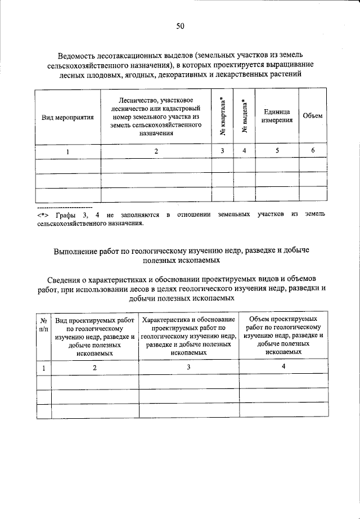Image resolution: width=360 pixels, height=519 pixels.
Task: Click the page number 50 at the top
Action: tap(180, 26)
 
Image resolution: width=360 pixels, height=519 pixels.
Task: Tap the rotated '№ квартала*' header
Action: tap(223, 116)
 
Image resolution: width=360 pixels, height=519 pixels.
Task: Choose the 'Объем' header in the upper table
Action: tap(312, 115)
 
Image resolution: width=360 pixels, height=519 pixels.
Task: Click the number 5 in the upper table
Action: tap(276, 150)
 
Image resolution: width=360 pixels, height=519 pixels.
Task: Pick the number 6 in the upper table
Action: tap(312, 150)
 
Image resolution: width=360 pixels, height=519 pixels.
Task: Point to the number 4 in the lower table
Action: tap(283, 366)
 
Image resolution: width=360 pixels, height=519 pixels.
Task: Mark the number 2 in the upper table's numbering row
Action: tap(156, 151)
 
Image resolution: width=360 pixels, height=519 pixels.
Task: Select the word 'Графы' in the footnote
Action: tap(66, 214)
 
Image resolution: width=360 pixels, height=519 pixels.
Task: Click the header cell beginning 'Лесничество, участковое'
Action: tap(156, 116)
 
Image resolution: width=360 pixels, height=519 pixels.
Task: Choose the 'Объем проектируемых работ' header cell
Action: tap(283, 335)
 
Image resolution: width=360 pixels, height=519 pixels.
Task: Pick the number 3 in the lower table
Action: tap(189, 366)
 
